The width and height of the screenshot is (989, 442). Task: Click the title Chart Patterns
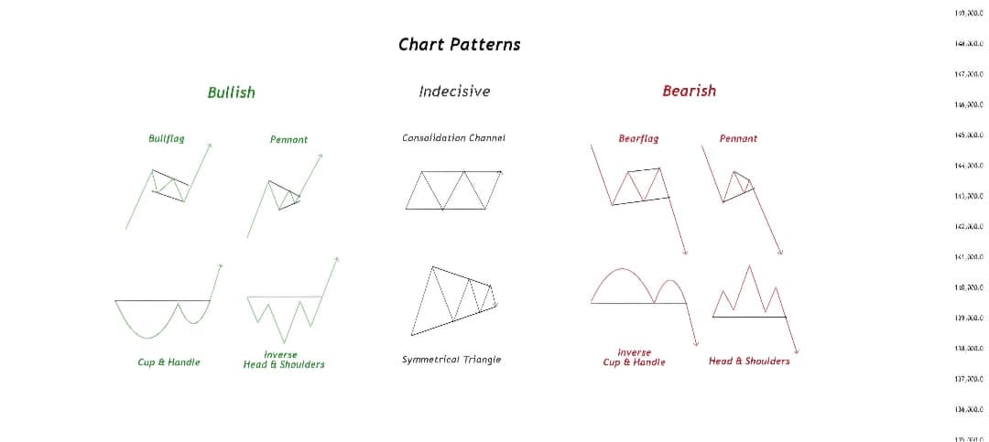coord(459,44)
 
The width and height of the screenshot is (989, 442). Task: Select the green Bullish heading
coord(231,92)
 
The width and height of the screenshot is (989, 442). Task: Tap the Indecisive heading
coord(453,91)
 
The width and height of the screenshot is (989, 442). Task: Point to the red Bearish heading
coord(689,91)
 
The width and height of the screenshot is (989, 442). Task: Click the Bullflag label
coord(166,138)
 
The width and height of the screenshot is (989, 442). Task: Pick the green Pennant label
coord(288,139)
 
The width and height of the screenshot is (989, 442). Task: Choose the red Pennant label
coord(738,138)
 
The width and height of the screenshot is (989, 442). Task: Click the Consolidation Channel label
coord(453,137)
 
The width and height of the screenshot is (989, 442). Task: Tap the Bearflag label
coord(638,138)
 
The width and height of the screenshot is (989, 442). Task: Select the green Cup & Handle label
coord(168,362)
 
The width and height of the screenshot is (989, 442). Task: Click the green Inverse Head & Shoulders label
coord(283,360)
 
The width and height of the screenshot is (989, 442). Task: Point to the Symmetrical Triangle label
coord(451,360)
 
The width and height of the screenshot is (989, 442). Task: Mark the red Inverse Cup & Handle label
coord(634,357)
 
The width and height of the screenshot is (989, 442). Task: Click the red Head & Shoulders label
coord(748,361)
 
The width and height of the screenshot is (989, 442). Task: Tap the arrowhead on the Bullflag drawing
coord(210,145)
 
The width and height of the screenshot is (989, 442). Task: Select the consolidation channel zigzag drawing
coord(453,189)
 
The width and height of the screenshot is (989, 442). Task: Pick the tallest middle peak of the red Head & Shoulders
coord(751,267)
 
